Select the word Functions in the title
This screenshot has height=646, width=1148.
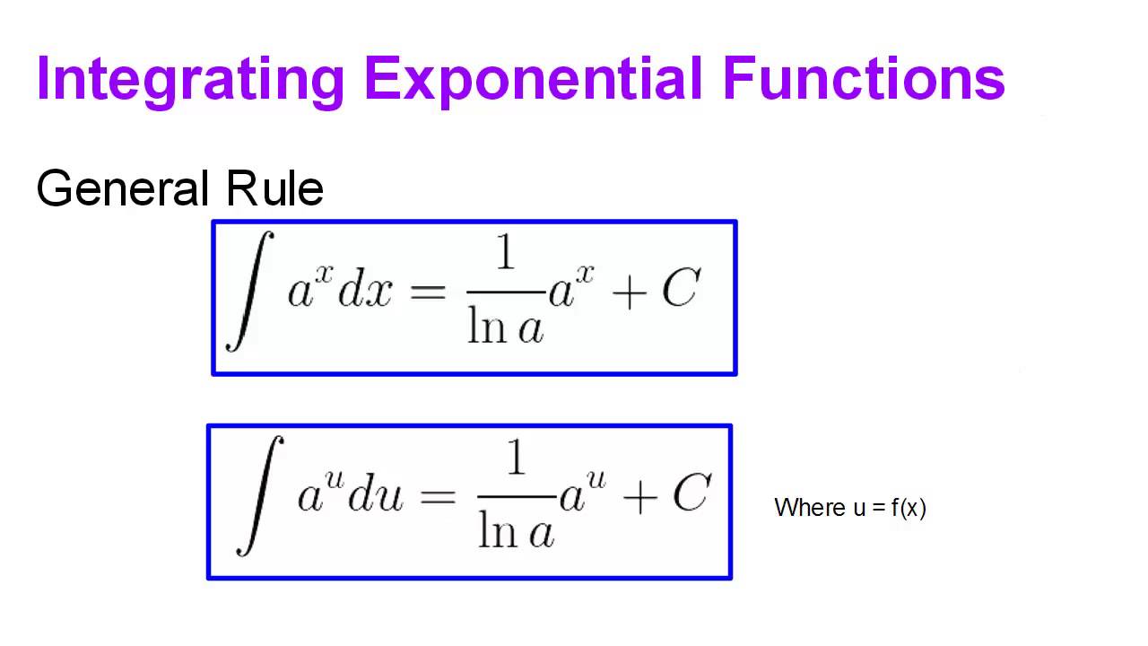865,79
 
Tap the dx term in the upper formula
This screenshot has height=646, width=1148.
364,292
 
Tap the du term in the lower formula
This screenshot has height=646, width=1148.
375,497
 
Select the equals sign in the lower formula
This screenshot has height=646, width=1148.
438,497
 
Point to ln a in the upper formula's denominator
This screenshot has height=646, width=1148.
506,328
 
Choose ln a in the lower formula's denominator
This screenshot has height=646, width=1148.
516,533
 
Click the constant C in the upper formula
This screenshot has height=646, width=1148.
680,289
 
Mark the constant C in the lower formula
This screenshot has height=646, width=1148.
691,493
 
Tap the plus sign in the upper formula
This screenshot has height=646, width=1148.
632,292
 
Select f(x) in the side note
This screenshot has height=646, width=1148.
909,508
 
